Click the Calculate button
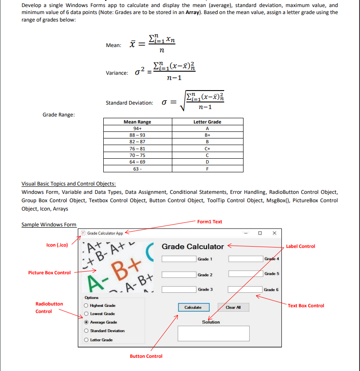click(193, 307)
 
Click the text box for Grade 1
click(178, 259)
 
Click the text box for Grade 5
click(245, 274)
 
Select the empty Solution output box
click(213, 333)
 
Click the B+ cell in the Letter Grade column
click(207, 135)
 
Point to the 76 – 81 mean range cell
click(138, 149)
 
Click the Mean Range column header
click(138, 122)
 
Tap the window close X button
click(274, 233)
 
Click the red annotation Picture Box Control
click(49, 273)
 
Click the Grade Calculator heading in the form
click(193, 247)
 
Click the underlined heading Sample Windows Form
click(49, 225)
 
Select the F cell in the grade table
click(207, 169)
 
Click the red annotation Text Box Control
click(306, 306)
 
